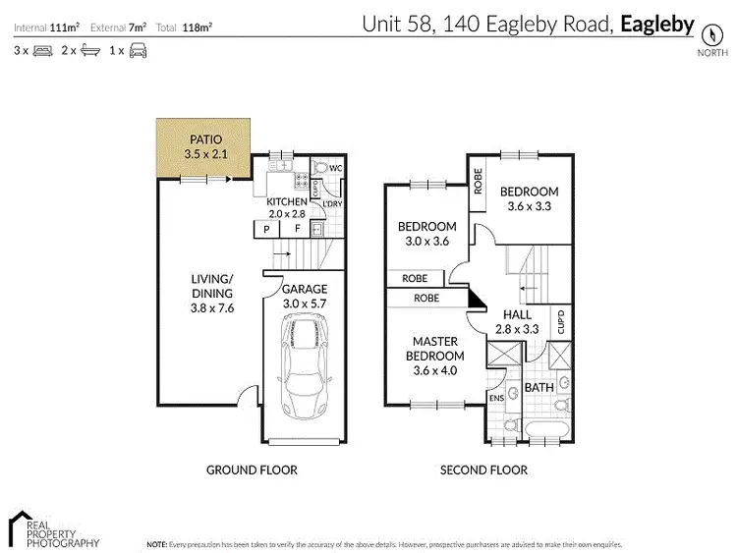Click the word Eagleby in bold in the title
pyautogui.click(x=658, y=24)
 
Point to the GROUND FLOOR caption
pyautogui.click(x=252, y=470)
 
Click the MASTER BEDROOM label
pyautogui.click(x=436, y=349)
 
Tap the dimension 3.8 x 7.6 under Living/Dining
pyautogui.click(x=212, y=306)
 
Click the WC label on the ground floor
pyautogui.click(x=335, y=169)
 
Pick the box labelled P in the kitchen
pyautogui.click(x=265, y=230)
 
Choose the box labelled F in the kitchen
pyautogui.click(x=296, y=230)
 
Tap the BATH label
pyautogui.click(x=539, y=388)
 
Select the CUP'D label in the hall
pyautogui.click(x=560, y=321)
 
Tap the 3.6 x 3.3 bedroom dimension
pyautogui.click(x=528, y=206)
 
